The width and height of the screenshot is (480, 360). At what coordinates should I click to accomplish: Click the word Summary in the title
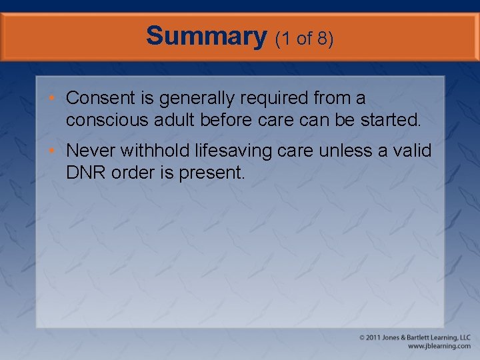[x=206, y=36]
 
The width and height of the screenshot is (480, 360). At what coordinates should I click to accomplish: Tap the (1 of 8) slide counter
[x=304, y=39]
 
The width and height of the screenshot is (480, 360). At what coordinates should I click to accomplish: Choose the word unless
[x=347, y=151]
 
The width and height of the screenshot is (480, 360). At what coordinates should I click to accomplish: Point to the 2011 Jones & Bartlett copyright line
[x=415, y=338]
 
